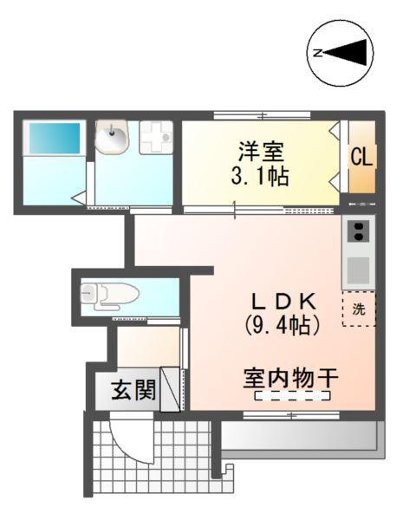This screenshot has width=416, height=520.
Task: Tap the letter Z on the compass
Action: pyautogui.click(x=317, y=54)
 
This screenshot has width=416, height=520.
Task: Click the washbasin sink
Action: pyautogui.click(x=111, y=137)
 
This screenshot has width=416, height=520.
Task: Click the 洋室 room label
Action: pyautogui.click(x=261, y=153)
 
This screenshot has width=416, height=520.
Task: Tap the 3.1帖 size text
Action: pyautogui.click(x=260, y=178)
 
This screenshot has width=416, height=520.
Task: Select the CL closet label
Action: pyautogui.click(x=362, y=158)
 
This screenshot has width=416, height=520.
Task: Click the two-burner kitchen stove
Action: pyautogui.click(x=358, y=231)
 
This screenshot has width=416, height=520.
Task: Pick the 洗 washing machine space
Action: pyautogui.click(x=359, y=309)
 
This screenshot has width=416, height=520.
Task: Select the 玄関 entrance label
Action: pyautogui.click(x=133, y=391)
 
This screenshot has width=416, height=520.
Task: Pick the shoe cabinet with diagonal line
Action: pyautogui.click(x=170, y=389)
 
